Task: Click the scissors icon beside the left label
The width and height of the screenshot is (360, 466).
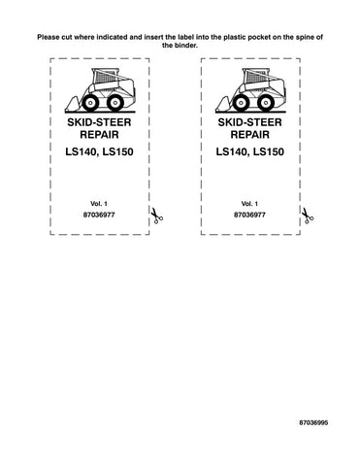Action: pos(154,216)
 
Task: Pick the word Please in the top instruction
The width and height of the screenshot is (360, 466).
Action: pos(48,36)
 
